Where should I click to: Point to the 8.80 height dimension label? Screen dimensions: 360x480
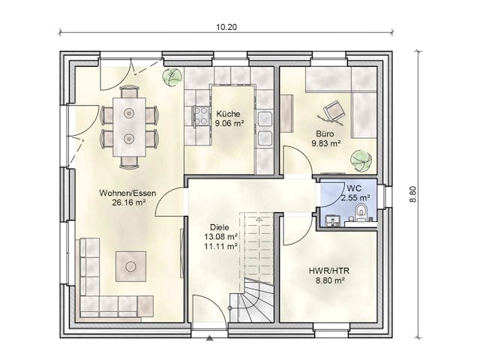pyautogui.click(x=412, y=194)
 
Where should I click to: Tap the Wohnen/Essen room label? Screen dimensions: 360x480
pyautogui.click(x=127, y=193)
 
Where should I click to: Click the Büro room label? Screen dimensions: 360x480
pyautogui.click(x=324, y=133)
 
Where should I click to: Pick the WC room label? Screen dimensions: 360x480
pyautogui.click(x=354, y=187)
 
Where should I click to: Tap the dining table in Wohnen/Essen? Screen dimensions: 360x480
pyautogui.click(x=130, y=126)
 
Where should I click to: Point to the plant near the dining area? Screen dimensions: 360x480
pyautogui.click(x=172, y=76)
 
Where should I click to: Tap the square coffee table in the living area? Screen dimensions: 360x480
pyautogui.click(x=130, y=265)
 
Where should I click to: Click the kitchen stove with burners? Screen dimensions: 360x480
pyautogui.click(x=201, y=115)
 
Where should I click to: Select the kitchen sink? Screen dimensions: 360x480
pyautogui.click(x=264, y=127)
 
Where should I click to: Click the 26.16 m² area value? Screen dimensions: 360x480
pyautogui.click(x=127, y=202)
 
